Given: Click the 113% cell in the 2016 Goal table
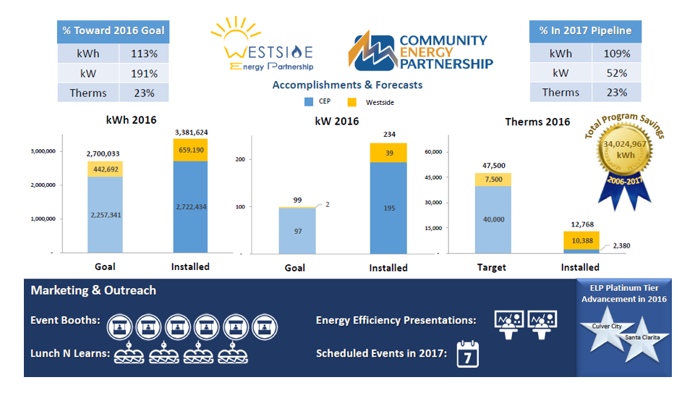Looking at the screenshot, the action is pyautogui.click(x=144, y=54).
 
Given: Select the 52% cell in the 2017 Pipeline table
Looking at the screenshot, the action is pyautogui.click(x=617, y=73).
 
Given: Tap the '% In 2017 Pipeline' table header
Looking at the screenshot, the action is pyautogui.click(x=585, y=31).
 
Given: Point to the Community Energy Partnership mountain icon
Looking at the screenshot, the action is pyautogui.click(x=372, y=51).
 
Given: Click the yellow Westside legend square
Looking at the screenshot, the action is pyautogui.click(x=352, y=102).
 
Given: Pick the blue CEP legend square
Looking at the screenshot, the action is pyautogui.click(x=309, y=101).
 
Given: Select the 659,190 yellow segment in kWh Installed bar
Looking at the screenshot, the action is pyautogui.click(x=191, y=150).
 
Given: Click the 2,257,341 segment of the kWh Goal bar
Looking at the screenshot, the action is pyautogui.click(x=105, y=215).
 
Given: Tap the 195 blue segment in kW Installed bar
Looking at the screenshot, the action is pyautogui.click(x=388, y=208).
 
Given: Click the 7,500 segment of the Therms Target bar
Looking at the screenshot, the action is pyautogui.click(x=493, y=179).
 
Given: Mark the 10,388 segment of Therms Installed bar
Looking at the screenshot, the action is pyautogui.click(x=581, y=240).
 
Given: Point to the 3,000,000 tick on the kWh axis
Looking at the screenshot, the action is pyautogui.click(x=43, y=151).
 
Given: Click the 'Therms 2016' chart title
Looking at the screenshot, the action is pyautogui.click(x=537, y=122).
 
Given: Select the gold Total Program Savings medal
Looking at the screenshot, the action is pyautogui.click(x=625, y=151).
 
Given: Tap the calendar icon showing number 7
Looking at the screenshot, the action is pyautogui.click(x=468, y=355).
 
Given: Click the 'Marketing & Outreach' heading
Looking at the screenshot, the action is pyautogui.click(x=93, y=290).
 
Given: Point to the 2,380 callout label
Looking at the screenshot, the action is pyautogui.click(x=621, y=246).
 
